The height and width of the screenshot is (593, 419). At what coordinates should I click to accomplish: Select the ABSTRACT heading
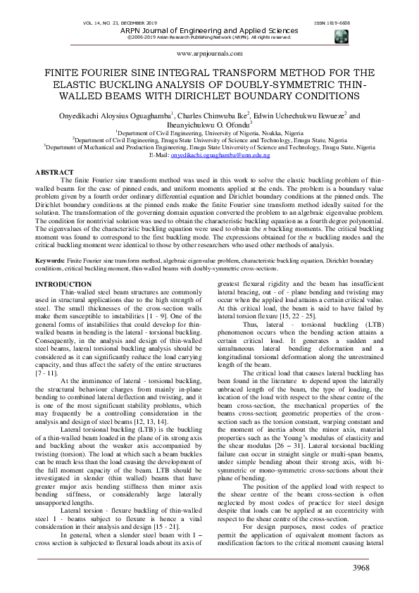54,172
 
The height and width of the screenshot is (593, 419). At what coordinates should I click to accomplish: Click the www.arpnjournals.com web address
210,53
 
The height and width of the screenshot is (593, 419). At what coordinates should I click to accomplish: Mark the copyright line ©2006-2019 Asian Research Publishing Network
210,37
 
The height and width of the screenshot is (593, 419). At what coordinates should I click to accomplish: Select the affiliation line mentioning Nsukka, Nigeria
209,132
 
